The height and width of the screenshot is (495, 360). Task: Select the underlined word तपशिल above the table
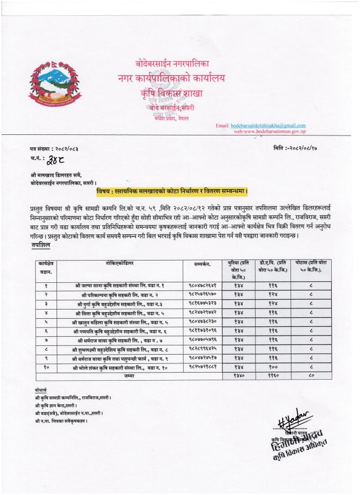41,246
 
